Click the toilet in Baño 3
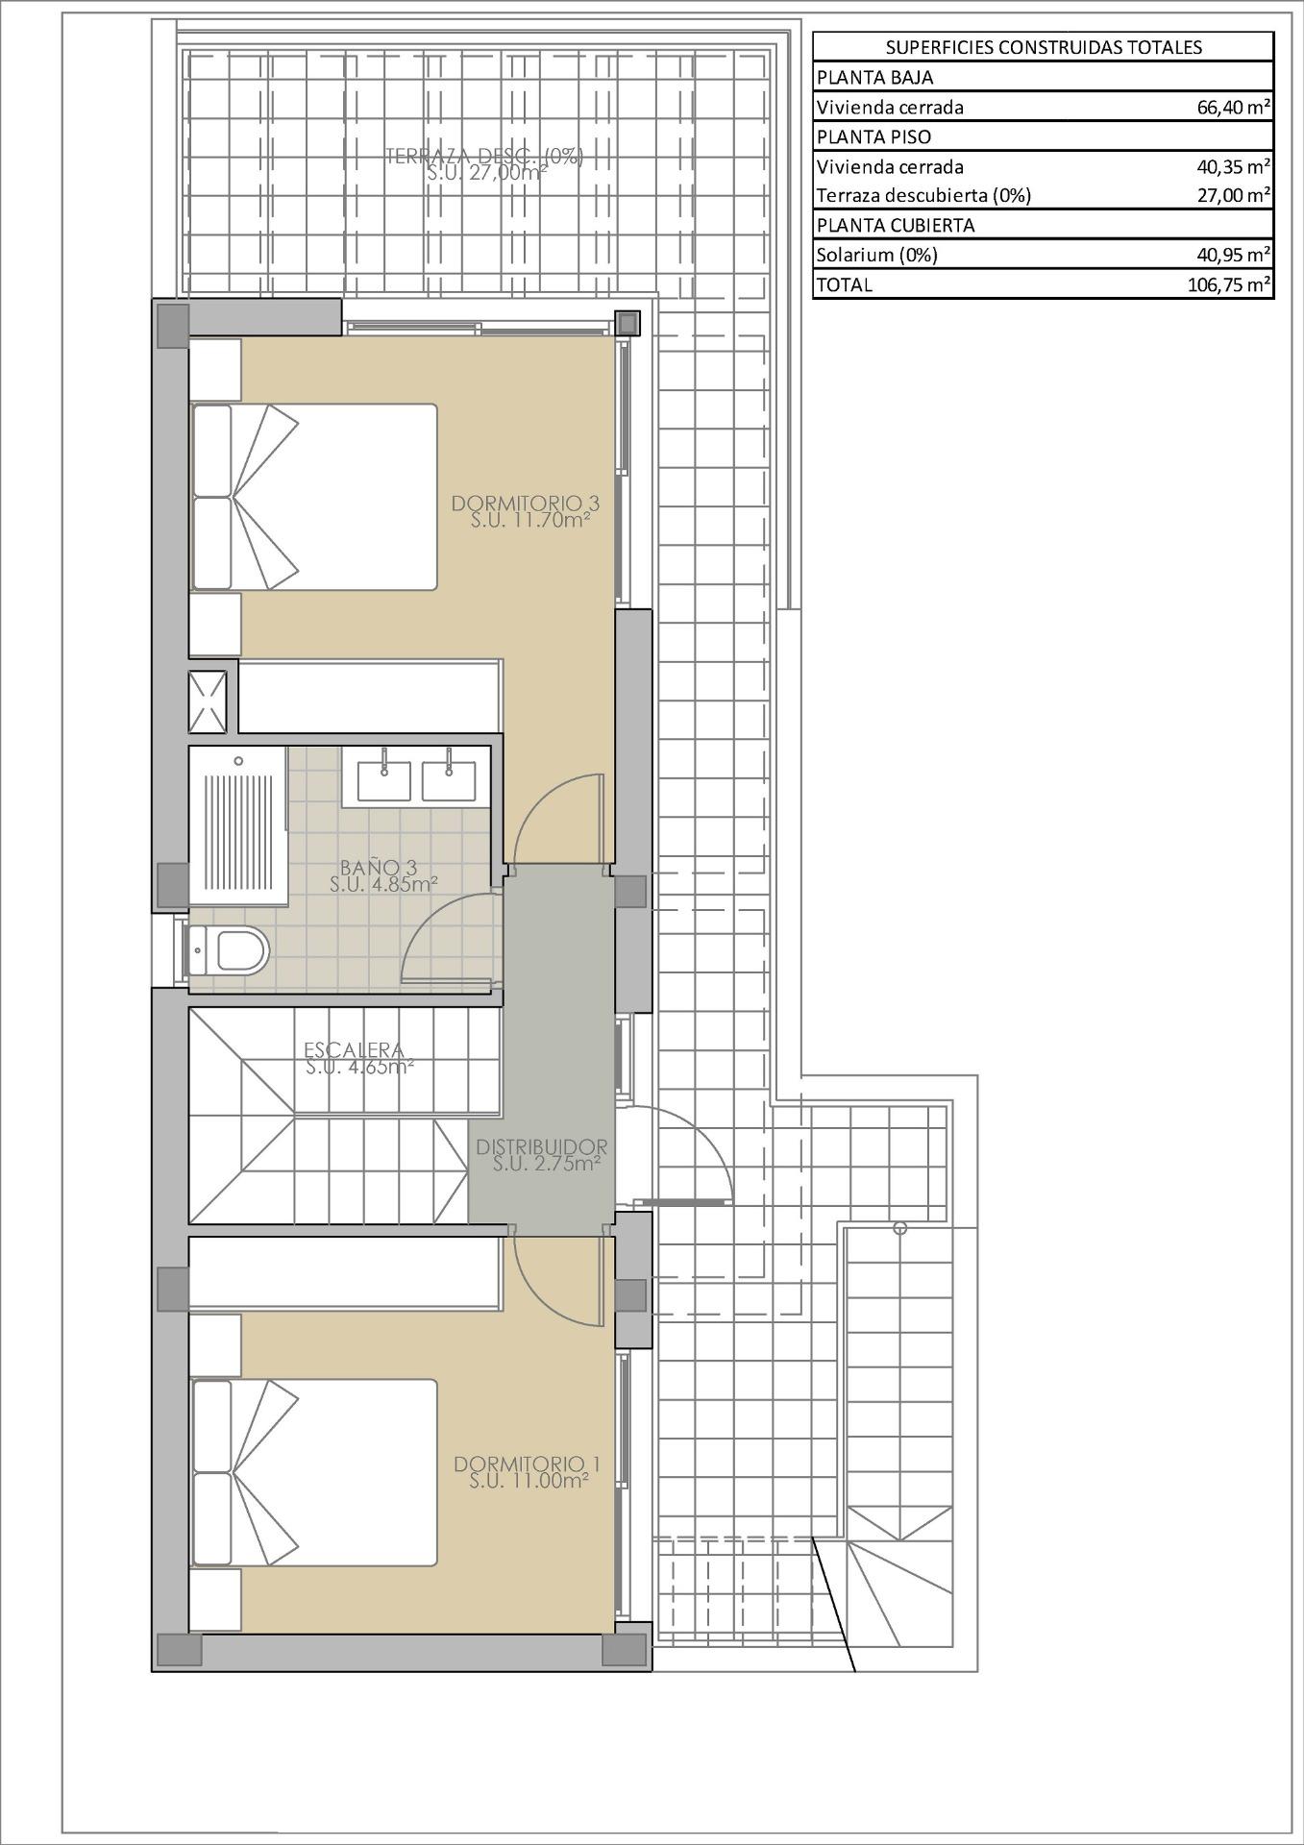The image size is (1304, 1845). [x=232, y=950]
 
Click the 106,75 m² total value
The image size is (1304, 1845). [x=1228, y=284]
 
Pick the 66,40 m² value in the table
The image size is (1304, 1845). [x=1233, y=108]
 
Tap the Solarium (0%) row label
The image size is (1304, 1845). [x=876, y=255]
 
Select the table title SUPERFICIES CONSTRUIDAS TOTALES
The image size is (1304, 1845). [x=1043, y=47]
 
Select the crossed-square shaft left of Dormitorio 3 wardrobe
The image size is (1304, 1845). [x=208, y=701]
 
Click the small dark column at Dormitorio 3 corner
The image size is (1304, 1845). [x=627, y=323]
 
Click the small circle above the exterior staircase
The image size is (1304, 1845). [x=899, y=1228]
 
